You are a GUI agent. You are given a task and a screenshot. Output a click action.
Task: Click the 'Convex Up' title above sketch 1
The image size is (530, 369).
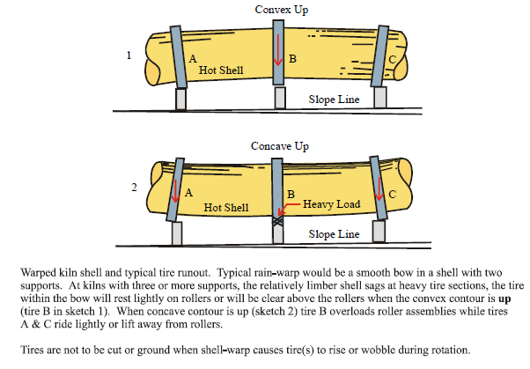282,10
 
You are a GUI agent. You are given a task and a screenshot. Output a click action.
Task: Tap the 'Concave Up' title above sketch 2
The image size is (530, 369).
281,144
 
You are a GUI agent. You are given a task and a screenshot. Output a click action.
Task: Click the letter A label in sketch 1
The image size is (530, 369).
193,58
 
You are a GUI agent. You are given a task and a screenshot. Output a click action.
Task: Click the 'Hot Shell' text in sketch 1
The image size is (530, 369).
221,70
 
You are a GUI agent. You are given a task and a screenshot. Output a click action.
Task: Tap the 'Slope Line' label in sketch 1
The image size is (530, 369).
335,100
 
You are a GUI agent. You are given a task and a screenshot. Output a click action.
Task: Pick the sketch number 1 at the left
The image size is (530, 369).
129,55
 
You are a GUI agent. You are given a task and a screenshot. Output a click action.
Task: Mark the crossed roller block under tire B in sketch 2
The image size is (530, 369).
279,224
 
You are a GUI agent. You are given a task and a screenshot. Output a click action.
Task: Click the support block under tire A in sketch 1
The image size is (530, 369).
182,99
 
